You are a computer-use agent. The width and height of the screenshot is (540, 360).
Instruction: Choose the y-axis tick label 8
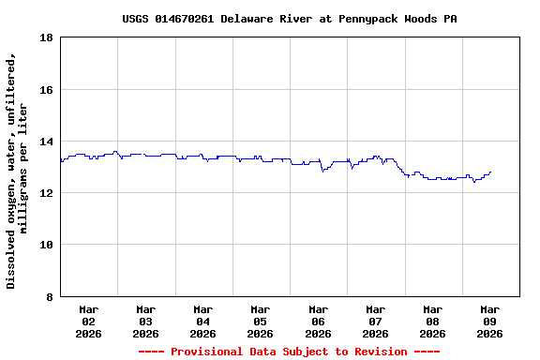[49, 297]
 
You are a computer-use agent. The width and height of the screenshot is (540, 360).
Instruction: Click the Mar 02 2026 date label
[88, 321]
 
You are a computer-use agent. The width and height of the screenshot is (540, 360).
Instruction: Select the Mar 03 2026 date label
[145, 321]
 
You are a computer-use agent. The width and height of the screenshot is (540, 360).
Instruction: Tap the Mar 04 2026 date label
[202, 321]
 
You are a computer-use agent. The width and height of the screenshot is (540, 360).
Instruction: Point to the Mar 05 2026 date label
[260, 321]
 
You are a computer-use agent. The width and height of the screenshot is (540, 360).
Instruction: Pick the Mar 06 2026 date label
[318, 321]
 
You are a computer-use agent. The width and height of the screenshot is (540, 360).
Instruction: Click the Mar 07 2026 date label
[375, 321]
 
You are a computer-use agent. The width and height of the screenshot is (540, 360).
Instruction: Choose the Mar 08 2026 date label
[432, 321]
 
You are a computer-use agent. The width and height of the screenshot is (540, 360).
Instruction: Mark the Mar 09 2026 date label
[489, 321]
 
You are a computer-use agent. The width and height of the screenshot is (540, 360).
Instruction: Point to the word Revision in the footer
[373, 352]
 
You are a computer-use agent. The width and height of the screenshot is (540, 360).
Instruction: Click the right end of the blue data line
[490, 172]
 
